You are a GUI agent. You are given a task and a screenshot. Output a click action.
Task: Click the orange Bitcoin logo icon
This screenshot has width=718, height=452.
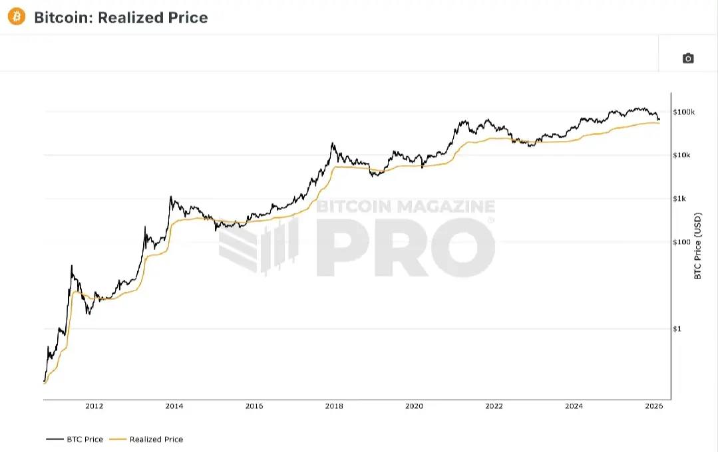coord(16,17)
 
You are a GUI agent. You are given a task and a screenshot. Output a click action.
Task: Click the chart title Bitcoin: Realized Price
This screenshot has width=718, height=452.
coord(120,17)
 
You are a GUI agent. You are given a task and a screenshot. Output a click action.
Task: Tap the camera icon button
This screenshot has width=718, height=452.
coord(688,58)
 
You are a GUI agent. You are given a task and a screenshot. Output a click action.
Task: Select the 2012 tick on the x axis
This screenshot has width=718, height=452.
coord(94,406)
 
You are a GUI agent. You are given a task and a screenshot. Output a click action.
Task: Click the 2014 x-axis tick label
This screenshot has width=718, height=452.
coord(174,406)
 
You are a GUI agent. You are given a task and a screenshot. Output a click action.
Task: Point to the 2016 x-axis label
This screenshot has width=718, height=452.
coord(254,406)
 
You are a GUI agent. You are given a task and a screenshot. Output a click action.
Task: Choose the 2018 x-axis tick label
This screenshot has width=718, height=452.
coord(334,406)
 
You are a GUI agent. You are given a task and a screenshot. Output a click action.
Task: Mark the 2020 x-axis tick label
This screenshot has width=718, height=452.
coord(414,406)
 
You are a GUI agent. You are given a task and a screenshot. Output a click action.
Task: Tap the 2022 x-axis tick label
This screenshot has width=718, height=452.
coord(494,406)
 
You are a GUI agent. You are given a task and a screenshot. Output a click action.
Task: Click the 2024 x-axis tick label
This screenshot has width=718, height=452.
coord(574,406)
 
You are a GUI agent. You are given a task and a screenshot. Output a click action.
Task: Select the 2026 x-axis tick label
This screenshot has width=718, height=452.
coord(653,406)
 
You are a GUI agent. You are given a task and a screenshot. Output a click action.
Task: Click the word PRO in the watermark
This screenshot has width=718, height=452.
coord(406,247)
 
